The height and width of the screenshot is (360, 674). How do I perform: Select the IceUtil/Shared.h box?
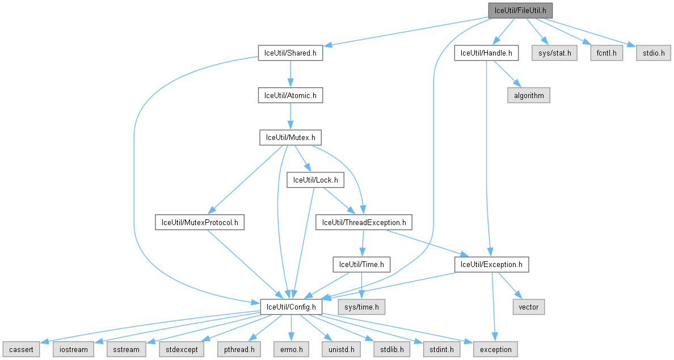[x=290, y=53]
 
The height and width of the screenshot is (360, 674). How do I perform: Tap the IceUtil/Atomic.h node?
[x=290, y=95]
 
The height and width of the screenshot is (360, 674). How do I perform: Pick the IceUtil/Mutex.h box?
[x=290, y=137]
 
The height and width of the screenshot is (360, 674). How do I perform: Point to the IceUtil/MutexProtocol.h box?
[x=200, y=222]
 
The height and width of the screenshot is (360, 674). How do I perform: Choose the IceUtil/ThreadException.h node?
[x=364, y=222]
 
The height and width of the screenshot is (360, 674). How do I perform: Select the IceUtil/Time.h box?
[x=361, y=264]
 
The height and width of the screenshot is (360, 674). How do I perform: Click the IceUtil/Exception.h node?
[x=491, y=264]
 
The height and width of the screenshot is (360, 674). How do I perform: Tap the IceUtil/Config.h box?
[x=291, y=307]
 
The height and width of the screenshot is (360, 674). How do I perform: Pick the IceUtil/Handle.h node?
[x=486, y=53]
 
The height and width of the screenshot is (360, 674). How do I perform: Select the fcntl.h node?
[x=606, y=53]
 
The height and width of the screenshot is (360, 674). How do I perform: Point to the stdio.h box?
[x=652, y=53]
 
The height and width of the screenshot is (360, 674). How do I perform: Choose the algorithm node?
[x=529, y=95]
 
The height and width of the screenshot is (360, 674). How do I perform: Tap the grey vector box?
[x=529, y=307]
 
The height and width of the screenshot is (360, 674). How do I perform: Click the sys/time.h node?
[x=361, y=307]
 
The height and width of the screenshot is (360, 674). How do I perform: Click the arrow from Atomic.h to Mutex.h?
[x=290, y=116]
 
